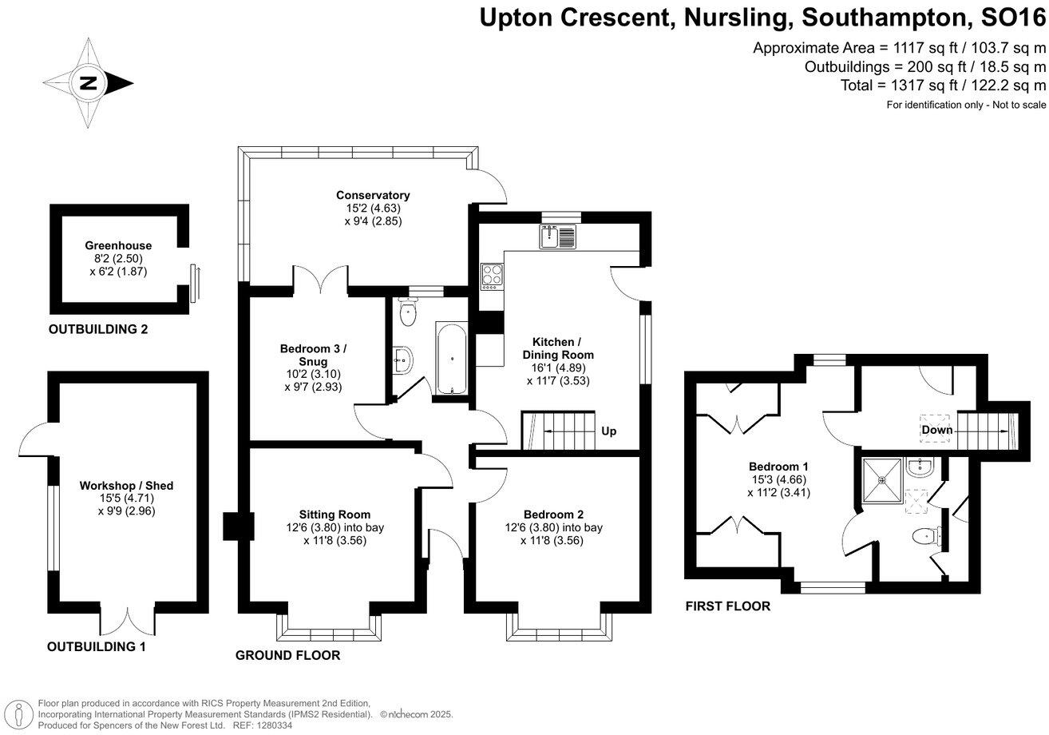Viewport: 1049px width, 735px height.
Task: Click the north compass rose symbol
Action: pyautogui.click(x=87, y=83)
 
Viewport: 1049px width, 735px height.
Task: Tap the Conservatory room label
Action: pyautogui.click(x=373, y=195)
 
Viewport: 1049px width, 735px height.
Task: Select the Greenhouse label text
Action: pyautogui.click(x=118, y=245)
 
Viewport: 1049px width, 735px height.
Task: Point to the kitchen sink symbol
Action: pyautogui.click(x=556, y=236)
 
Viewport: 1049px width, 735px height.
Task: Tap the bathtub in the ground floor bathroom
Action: pyautogui.click(x=451, y=358)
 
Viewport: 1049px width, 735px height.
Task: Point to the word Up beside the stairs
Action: pyautogui.click(x=608, y=431)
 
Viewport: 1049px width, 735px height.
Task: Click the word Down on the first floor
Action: pyautogui.click(x=936, y=430)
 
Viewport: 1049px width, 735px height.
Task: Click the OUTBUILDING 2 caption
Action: pyautogui.click(x=98, y=329)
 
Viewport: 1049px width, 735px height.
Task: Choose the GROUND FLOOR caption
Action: pyautogui.click(x=287, y=655)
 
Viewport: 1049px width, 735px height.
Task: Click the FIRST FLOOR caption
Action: pyautogui.click(x=727, y=606)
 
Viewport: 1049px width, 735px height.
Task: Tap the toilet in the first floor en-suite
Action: pyautogui.click(x=926, y=537)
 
